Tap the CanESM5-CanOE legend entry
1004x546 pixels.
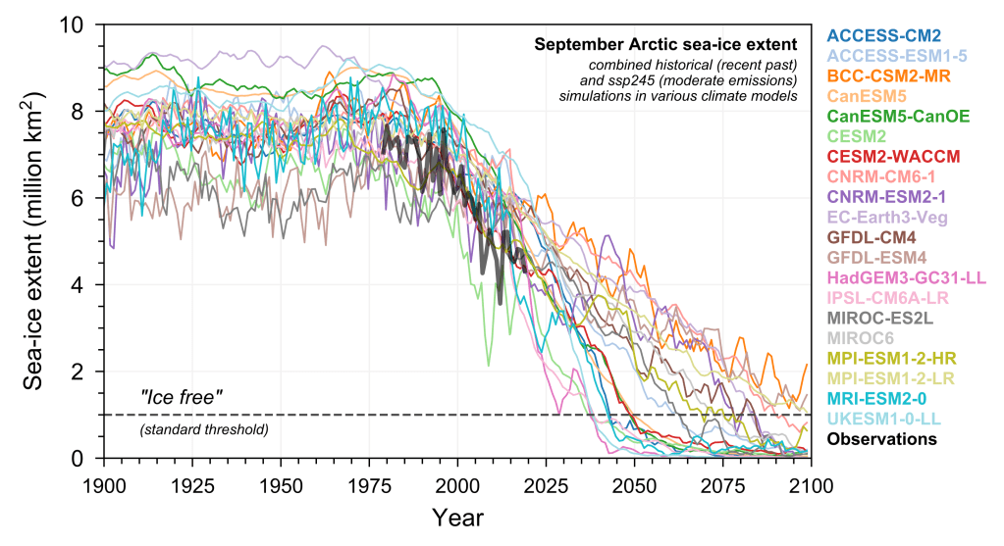coord(898,116)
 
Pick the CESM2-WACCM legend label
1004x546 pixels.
coord(893,156)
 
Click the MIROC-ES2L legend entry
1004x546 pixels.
coord(879,318)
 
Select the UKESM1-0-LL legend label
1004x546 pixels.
coord(886,419)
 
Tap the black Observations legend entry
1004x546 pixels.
coord(881,439)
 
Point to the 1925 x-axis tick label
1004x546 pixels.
coord(192,485)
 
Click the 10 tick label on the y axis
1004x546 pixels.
coord(81,24)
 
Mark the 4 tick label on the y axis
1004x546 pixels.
coord(87,284)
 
